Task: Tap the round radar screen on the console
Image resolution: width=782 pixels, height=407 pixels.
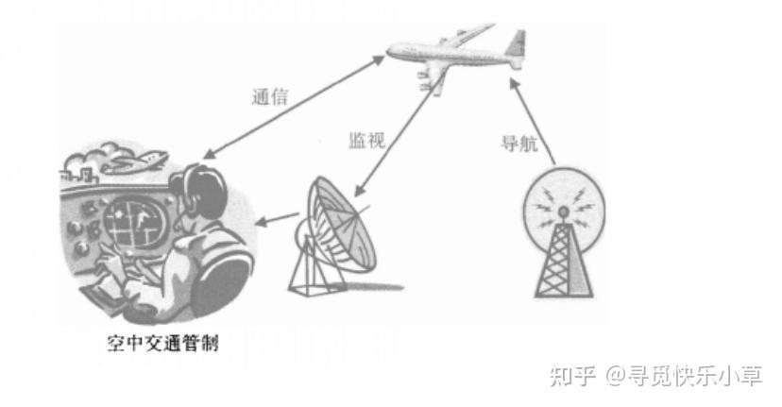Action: [x=127, y=224]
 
